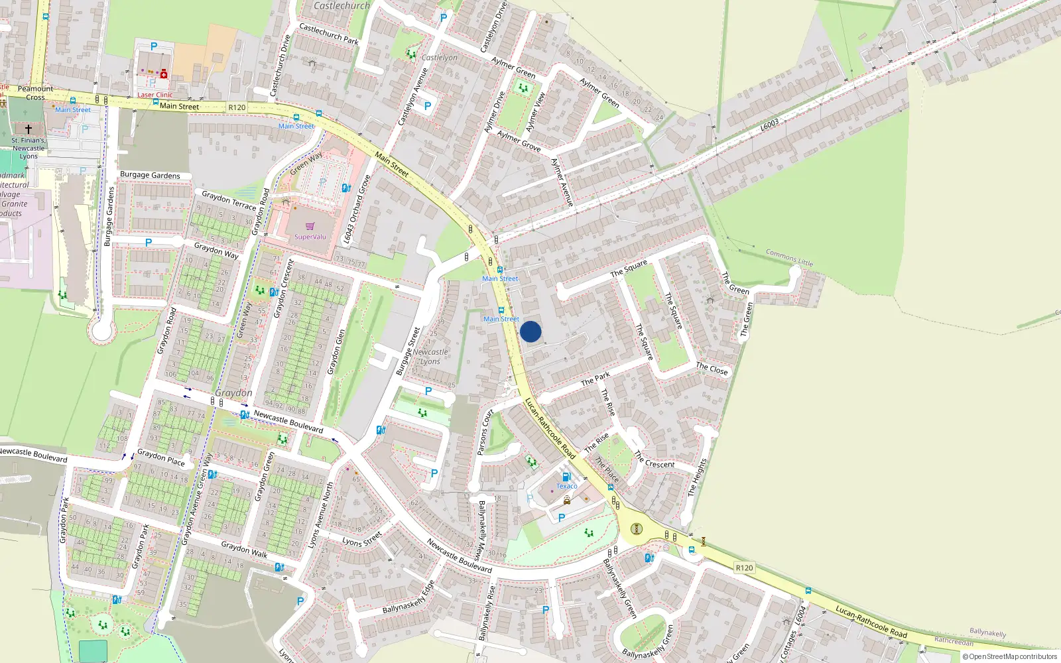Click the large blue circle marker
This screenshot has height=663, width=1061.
tap(530, 331)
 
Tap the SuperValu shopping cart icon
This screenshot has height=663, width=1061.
tap(310, 227)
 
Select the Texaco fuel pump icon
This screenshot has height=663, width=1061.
tap(566, 477)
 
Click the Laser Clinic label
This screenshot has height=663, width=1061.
tap(155, 95)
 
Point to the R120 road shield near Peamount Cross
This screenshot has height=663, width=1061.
tap(237, 107)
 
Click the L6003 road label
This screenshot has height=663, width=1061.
tap(769, 125)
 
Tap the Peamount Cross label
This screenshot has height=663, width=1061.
tap(35, 93)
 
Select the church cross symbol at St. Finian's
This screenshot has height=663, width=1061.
tap(28, 129)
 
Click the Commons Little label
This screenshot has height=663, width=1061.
tap(789, 257)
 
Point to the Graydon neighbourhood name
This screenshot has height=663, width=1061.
tap(233, 393)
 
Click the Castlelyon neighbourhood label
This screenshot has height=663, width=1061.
tap(439, 58)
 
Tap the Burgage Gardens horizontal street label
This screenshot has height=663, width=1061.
tap(150, 175)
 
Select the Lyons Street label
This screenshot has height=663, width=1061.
tap(362, 538)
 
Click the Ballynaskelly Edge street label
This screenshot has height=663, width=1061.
tap(408, 597)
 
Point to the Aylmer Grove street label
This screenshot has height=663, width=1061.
tap(519, 141)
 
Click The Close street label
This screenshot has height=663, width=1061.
tap(712, 369)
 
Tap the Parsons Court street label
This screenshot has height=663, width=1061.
tap(485, 432)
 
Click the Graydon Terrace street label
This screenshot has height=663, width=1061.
tap(229, 200)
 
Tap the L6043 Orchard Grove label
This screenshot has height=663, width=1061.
tap(356, 210)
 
